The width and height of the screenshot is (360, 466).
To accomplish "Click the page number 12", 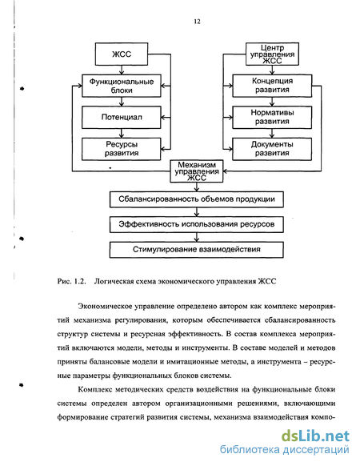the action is [x=197, y=22].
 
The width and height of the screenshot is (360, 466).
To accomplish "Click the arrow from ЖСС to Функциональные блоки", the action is [x=122, y=70].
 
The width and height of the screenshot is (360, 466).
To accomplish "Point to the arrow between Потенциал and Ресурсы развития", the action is [x=122, y=133].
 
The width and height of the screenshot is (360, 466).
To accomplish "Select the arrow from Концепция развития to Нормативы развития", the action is [x=272, y=102].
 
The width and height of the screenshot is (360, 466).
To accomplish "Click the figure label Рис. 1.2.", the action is [x=71, y=281].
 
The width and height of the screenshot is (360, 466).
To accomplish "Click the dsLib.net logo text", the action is [x=315, y=436].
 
